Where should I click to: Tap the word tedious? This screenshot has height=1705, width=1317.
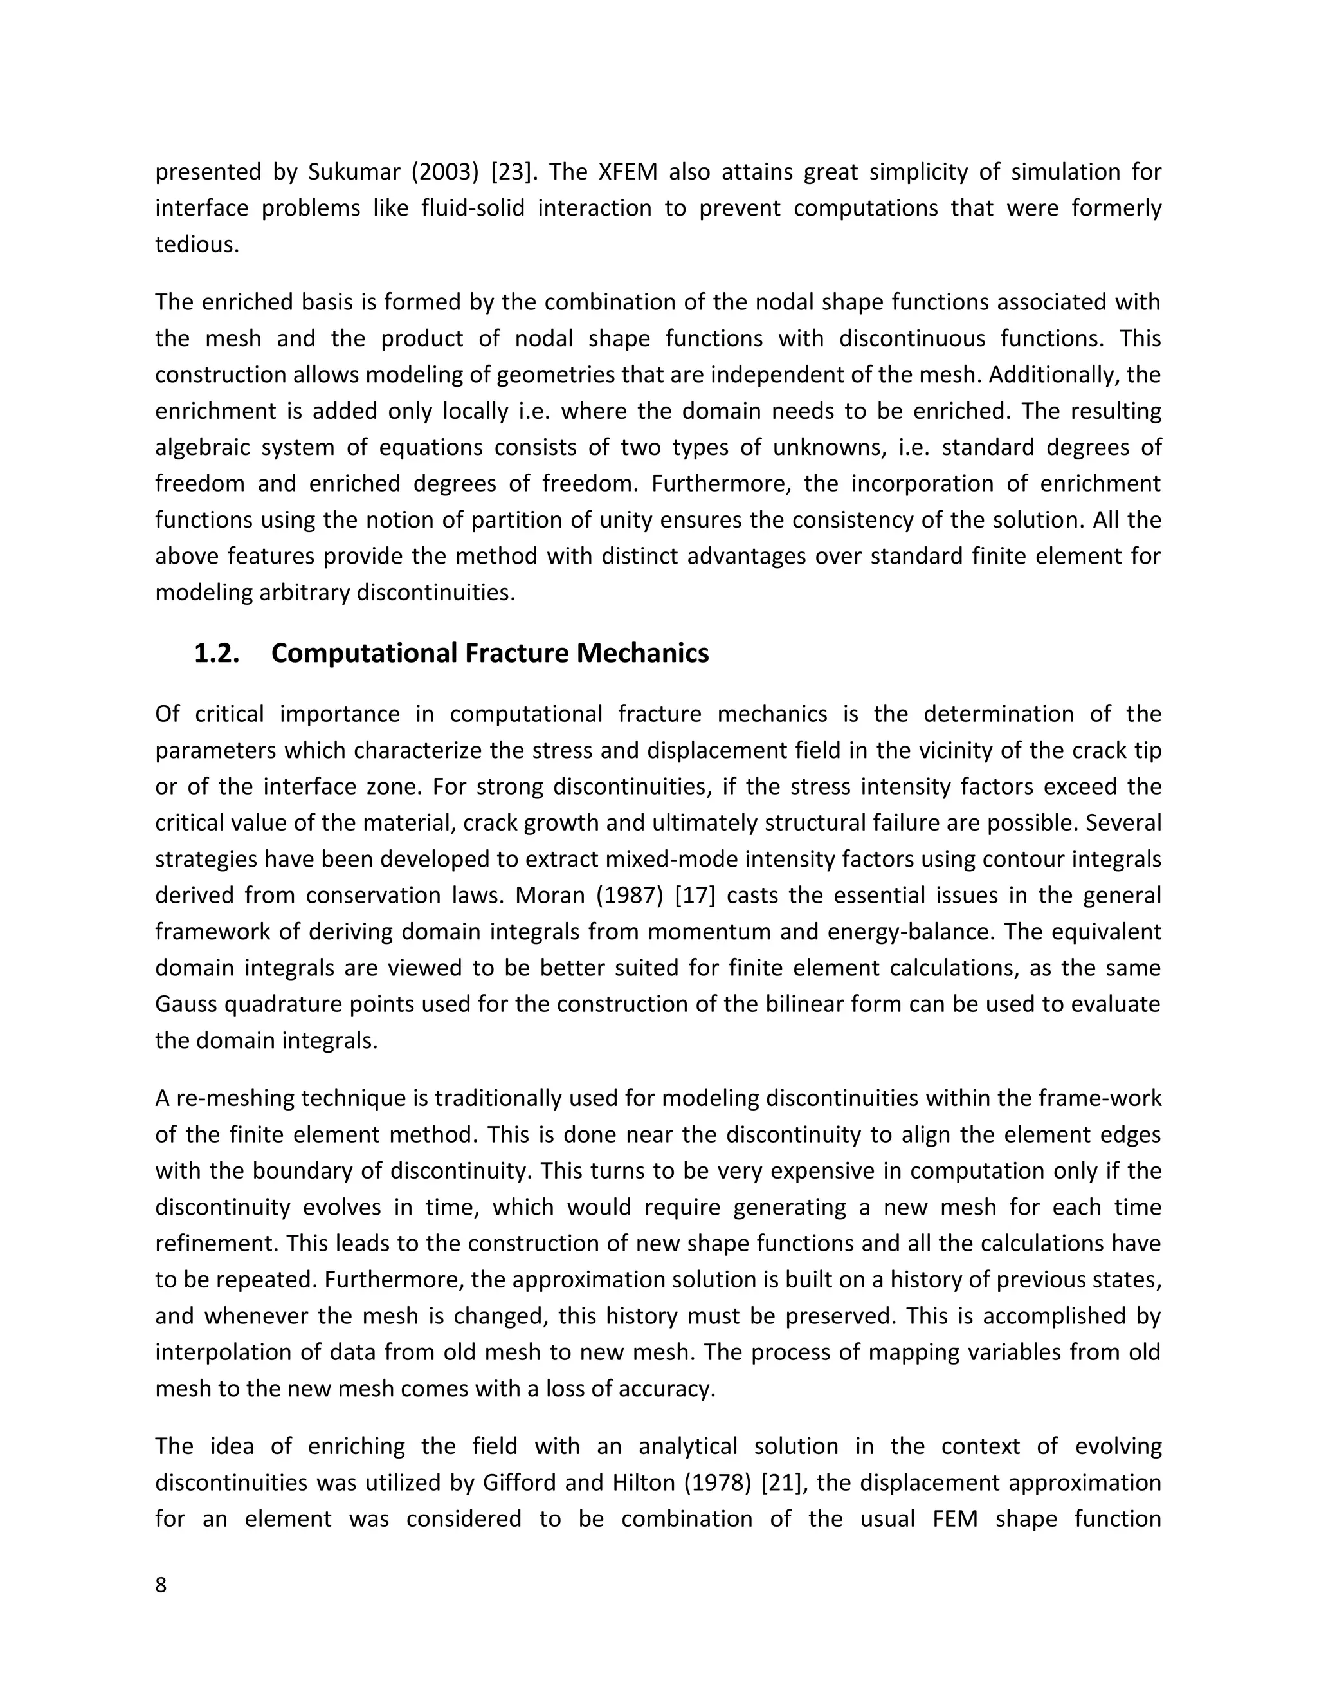point(197,245)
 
